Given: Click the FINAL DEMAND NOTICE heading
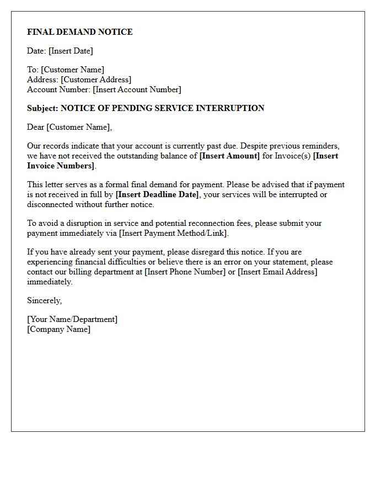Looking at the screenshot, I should pyautogui.click(x=80, y=32).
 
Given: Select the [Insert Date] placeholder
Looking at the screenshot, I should pyautogui.click(x=71, y=51).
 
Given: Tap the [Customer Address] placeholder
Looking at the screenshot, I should pyautogui.click(x=96, y=80).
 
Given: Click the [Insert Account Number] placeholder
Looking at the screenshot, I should pyautogui.click(x=137, y=89).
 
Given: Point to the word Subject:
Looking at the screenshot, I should pyautogui.click(x=42, y=108).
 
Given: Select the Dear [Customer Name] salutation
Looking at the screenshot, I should pyautogui.click(x=69, y=127).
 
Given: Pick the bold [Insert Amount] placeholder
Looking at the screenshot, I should pyautogui.click(x=229, y=156).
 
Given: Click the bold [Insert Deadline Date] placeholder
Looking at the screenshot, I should pyautogui.click(x=157, y=194).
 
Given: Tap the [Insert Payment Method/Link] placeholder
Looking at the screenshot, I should pyautogui.click(x=173, y=233).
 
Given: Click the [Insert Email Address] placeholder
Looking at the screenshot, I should pyautogui.click(x=277, y=272).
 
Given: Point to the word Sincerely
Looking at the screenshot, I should pyautogui.click(x=44, y=300).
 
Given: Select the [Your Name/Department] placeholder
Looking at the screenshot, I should pyautogui.click(x=72, y=319).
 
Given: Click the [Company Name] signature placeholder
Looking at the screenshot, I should pyautogui.click(x=58, y=329).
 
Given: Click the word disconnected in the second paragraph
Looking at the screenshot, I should pyautogui.click(x=51, y=204).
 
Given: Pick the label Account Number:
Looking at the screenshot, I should pyautogui.click(x=58, y=89).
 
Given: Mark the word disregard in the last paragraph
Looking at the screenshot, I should pyautogui.click(x=203, y=252).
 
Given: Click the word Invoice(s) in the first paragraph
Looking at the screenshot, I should pyautogui.click(x=291, y=156).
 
